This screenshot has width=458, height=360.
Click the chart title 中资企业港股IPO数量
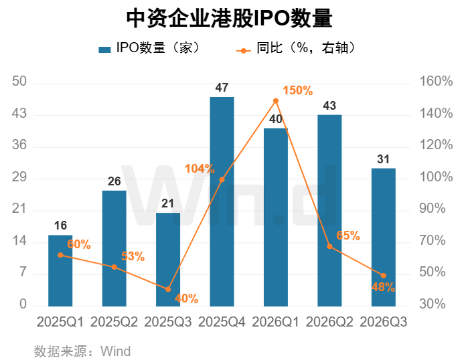(229, 18)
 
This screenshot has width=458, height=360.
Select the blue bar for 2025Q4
(222, 201)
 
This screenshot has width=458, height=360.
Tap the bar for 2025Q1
(60, 270)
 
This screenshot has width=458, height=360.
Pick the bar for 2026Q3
(384, 237)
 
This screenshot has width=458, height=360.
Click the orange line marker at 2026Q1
(276, 101)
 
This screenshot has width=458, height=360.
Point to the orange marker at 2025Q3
(168, 289)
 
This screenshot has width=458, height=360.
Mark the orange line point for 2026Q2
(329, 246)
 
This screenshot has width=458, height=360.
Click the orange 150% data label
(298, 90)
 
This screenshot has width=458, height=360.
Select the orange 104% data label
(200, 169)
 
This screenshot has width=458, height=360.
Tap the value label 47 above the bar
(222, 88)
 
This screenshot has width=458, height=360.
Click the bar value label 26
(114, 181)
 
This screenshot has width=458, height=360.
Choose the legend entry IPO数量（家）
(149, 48)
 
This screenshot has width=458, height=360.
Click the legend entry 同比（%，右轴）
(296, 48)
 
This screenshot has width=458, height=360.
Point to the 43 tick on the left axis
(19, 113)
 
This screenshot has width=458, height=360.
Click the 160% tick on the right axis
(436, 81)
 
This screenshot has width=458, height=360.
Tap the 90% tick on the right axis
(433, 209)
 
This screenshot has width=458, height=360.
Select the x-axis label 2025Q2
(114, 322)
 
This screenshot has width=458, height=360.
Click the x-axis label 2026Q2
(329, 322)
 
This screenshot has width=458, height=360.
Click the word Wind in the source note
(116, 351)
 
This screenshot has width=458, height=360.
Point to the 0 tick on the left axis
(23, 304)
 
